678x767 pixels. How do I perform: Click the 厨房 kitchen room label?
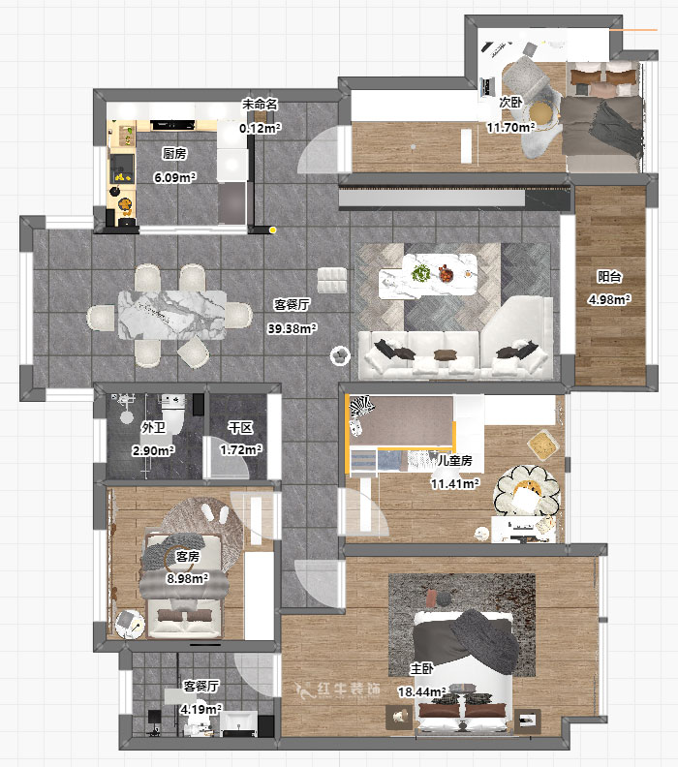pyautogui.click(x=174, y=154)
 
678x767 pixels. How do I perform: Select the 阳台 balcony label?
pyautogui.click(x=609, y=276)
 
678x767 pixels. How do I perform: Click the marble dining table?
pyautogui.click(x=172, y=314)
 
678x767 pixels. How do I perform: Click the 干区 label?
pyautogui.click(x=240, y=427)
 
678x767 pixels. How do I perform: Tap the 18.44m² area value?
pyautogui.click(x=421, y=692)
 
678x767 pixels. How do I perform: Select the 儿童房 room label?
pyautogui.click(x=453, y=461)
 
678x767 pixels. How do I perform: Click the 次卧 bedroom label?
pyautogui.click(x=510, y=102)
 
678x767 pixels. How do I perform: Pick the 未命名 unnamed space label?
pyautogui.click(x=260, y=103)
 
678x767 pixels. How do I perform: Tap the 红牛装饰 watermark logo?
pyautogui.click(x=338, y=690)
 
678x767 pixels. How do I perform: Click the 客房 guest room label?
pyautogui.click(x=187, y=557)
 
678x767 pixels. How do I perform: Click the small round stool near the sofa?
pyautogui.click(x=340, y=355)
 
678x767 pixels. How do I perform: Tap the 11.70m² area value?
pyautogui.click(x=510, y=127)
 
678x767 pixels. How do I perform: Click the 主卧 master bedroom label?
pyautogui.click(x=421, y=668)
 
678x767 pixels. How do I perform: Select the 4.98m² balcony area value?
pyautogui.click(x=609, y=299)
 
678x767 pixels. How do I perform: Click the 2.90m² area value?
pyautogui.click(x=153, y=450)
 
